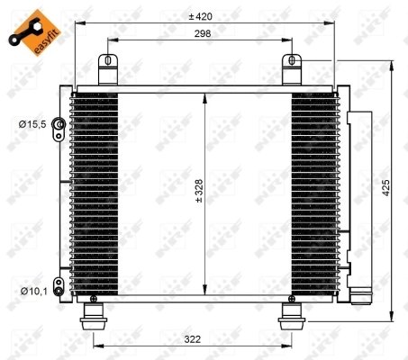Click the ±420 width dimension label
point(200,16)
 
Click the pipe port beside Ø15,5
point(58,125)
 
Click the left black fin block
point(93,193)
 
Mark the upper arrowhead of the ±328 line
point(207,97)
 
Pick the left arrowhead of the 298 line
point(111,41)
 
